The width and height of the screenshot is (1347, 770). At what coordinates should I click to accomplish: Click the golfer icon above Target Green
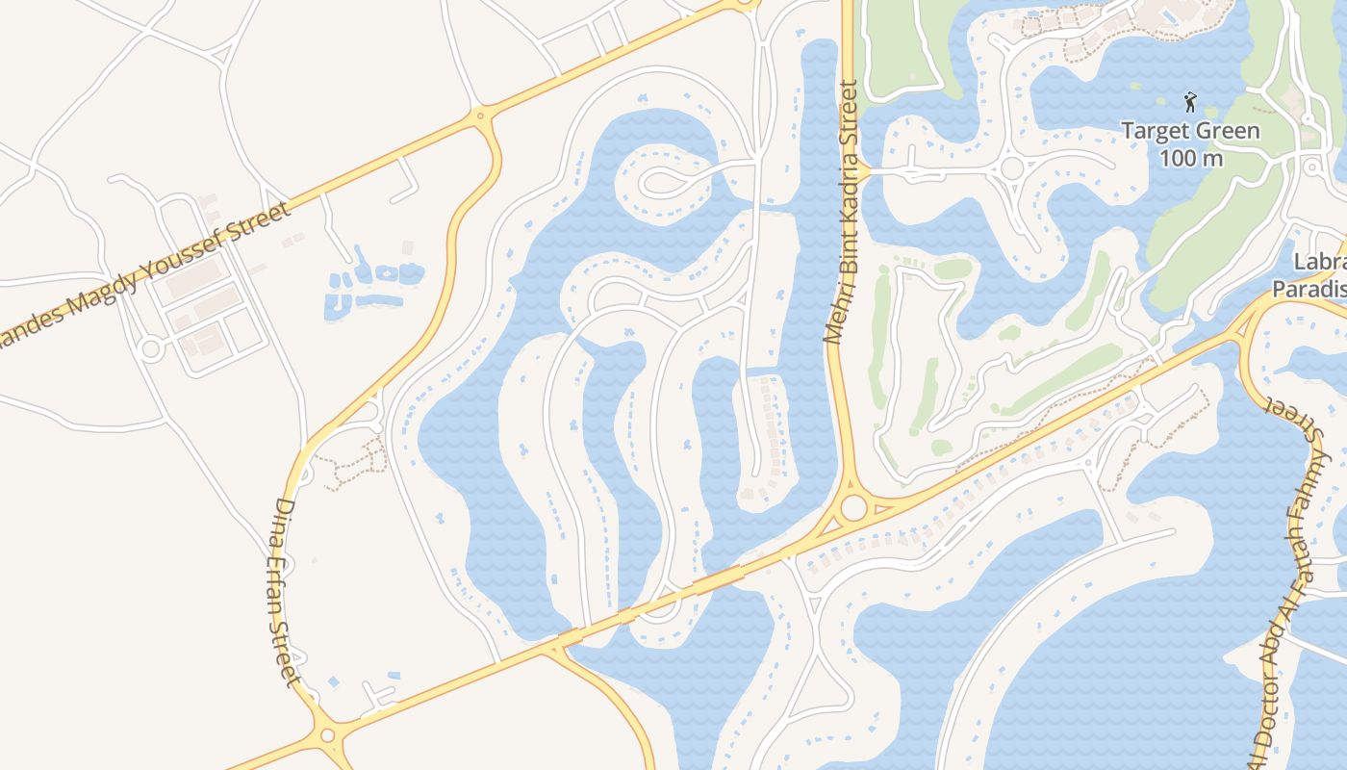(x=1190, y=102)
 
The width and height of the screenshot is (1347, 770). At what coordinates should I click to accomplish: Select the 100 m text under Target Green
(x=1191, y=157)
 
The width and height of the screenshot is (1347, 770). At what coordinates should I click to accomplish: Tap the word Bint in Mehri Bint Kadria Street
(x=840, y=258)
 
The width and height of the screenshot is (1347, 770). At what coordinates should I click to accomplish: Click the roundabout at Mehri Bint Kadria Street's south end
(x=852, y=508)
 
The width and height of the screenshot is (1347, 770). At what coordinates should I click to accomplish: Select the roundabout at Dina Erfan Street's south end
(x=327, y=736)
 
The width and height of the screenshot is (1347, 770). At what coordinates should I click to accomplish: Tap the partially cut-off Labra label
(x=1320, y=262)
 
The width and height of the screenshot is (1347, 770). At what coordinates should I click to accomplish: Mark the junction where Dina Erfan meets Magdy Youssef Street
(x=480, y=116)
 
